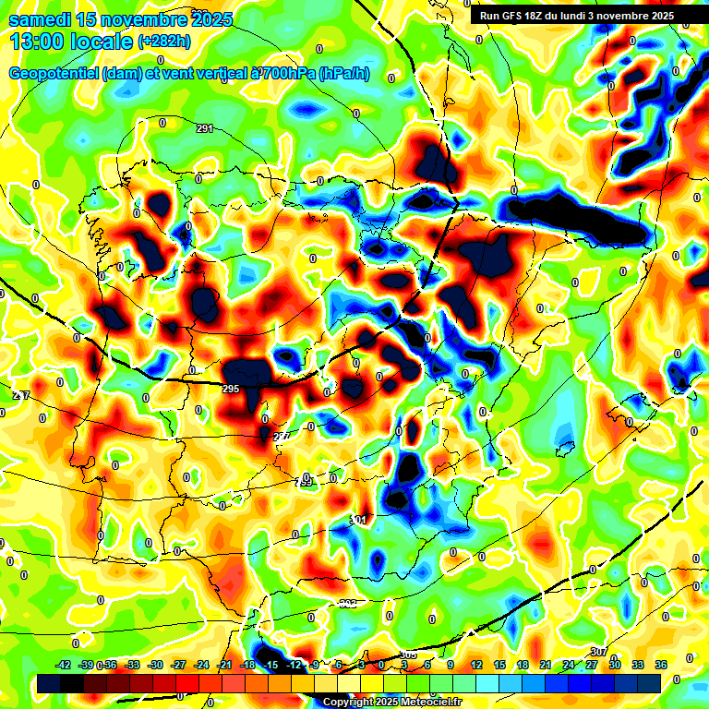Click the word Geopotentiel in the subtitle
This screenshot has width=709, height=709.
pyautogui.click(x=54, y=73)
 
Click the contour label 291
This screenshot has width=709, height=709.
pyautogui.click(x=204, y=128)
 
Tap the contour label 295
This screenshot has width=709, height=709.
pyautogui.click(x=231, y=389)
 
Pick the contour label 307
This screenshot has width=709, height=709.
pyautogui.click(x=598, y=653)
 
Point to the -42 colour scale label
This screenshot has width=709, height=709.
pyautogui.click(x=64, y=665)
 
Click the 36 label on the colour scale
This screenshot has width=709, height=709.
pyautogui.click(x=660, y=665)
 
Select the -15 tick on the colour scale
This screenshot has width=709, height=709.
pyautogui.click(x=270, y=665)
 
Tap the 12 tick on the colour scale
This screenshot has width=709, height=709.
pyautogui.click(x=476, y=665)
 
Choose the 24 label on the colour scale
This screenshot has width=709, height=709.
pyautogui.click(x=569, y=665)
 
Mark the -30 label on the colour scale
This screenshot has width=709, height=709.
pyautogui.click(x=155, y=665)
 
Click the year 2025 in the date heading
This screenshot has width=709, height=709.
pyautogui.click(x=209, y=19)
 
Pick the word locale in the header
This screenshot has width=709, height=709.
pyautogui.click(x=102, y=42)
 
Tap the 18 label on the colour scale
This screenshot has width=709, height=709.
pyautogui.click(x=523, y=665)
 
